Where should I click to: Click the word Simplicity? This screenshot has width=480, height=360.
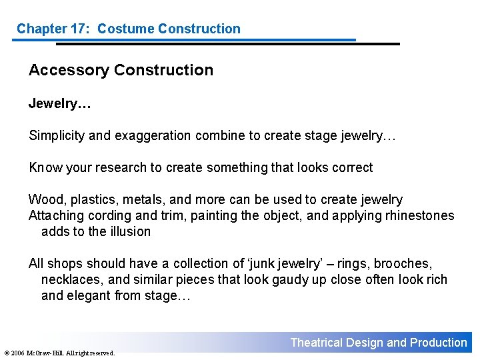57,136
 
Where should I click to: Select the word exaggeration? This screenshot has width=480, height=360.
153,136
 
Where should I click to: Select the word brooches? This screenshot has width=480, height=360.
402,263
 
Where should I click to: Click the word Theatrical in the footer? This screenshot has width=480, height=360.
316,343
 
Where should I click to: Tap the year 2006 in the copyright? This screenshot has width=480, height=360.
18,353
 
